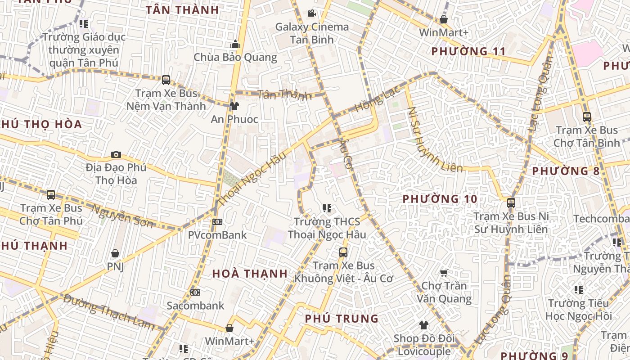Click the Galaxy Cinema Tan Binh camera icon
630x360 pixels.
click(x=311, y=13)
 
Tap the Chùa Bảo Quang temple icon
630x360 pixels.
click(x=235, y=45)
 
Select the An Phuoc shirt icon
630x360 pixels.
click(x=234, y=106)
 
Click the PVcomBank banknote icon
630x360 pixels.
click(x=217, y=222)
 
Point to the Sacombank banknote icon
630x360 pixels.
click(x=195, y=292)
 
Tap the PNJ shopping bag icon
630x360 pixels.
click(x=115, y=253)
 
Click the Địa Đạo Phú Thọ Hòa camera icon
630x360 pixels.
click(x=116, y=155)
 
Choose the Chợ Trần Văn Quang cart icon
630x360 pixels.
click(x=444, y=272)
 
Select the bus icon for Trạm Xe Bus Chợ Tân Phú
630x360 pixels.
click(x=51, y=195)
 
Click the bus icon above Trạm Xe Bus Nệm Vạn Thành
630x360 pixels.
click(x=166, y=80)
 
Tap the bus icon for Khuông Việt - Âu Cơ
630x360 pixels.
click(x=343, y=252)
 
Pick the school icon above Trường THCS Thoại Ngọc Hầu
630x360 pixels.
click(x=327, y=208)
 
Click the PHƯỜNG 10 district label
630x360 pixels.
click(x=440, y=199)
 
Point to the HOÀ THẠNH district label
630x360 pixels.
click(x=250, y=274)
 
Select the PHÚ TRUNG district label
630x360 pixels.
click(x=342, y=319)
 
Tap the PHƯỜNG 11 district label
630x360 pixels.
click(x=468, y=51)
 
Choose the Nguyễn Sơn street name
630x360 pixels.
click(x=122, y=216)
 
